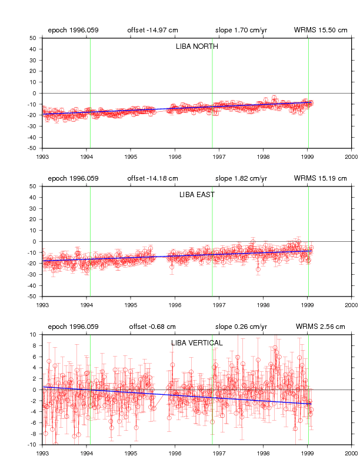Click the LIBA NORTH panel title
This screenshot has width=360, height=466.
coord(196,46)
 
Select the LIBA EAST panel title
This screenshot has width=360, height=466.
coord(196,195)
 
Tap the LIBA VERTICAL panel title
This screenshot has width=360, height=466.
coord(196,343)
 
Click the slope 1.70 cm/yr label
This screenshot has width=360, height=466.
coord(241,30)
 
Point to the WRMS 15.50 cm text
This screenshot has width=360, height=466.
coord(321,30)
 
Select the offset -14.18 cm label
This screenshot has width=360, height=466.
coord(153,178)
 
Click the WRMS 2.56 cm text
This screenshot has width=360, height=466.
coord(320,327)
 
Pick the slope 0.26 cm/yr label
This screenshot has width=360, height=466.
coord(241,327)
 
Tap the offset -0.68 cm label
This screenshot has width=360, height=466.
coord(152,327)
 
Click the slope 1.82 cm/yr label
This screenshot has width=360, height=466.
coord(241,178)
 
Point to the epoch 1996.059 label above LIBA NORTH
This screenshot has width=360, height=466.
coord(73,30)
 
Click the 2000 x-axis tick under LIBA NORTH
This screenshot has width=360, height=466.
coord(351,157)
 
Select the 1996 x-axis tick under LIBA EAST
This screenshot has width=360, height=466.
coord(175,305)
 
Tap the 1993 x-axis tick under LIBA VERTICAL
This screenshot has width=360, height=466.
coord(42,453)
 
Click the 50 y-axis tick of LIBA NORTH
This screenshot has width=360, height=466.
coord(33,38)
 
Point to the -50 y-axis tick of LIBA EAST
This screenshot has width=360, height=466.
coord(32,297)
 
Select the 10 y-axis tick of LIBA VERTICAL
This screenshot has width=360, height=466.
coord(33,335)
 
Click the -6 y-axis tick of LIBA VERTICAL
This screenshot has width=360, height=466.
coord(34,422)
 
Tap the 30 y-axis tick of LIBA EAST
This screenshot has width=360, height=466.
coord(33,208)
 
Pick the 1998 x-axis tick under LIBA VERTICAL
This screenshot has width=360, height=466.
coord(263,453)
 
